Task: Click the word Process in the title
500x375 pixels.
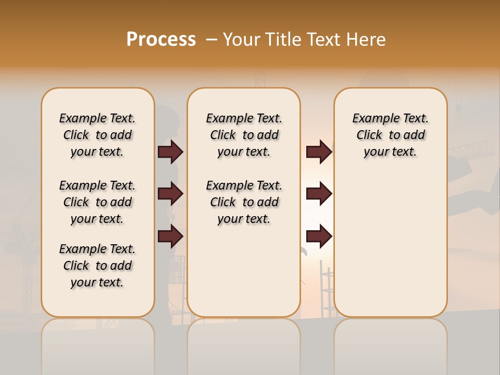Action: [161, 40]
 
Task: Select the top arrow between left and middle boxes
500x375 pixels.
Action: [170, 152]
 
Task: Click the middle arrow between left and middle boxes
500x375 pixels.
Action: [170, 194]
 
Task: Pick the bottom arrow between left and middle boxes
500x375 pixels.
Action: [170, 236]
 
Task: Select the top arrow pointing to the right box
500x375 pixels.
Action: [319, 152]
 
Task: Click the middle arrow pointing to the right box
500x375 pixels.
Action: [319, 194]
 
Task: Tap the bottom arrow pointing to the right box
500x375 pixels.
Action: [319, 236]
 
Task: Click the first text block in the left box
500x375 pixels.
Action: [97, 135]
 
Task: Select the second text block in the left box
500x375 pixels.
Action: [97, 202]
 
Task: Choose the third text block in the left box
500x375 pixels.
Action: [97, 266]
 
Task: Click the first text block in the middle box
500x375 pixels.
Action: [244, 135]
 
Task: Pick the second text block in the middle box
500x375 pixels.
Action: [244, 202]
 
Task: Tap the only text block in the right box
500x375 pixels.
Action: [390, 135]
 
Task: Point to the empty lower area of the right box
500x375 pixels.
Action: [390, 245]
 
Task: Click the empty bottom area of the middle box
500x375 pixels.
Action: [244, 276]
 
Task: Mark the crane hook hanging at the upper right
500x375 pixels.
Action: [459, 107]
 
